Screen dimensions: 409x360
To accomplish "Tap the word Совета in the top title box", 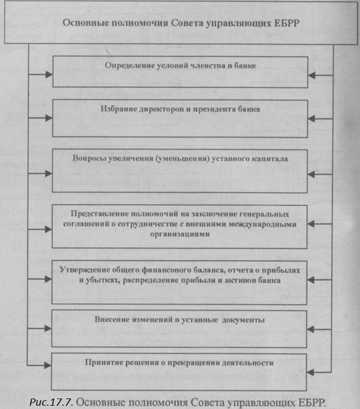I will click(x=187, y=24).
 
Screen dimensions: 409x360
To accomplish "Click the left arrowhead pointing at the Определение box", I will click(x=48, y=74).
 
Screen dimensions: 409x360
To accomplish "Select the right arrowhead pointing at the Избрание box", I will click(x=312, y=118).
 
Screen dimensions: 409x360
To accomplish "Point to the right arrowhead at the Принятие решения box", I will click(x=312, y=365).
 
